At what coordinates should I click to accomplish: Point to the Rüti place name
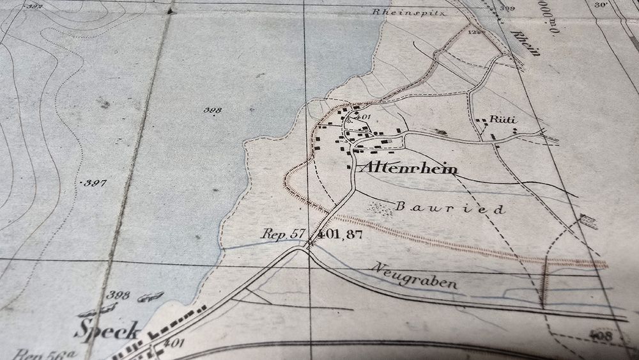point(503,120)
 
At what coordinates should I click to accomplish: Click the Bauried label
point(450,208)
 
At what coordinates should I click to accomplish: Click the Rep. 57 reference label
point(283,234)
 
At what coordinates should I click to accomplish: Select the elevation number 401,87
point(339,235)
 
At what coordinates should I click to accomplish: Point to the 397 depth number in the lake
point(95,184)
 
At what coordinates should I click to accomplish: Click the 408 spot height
point(601,334)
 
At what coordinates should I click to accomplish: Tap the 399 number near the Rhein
point(508,8)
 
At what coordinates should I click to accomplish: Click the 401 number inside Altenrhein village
point(362,118)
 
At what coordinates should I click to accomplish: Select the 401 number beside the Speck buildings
point(173,344)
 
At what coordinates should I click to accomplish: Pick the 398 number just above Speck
point(119,295)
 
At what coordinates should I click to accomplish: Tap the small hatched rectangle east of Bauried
point(588,221)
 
